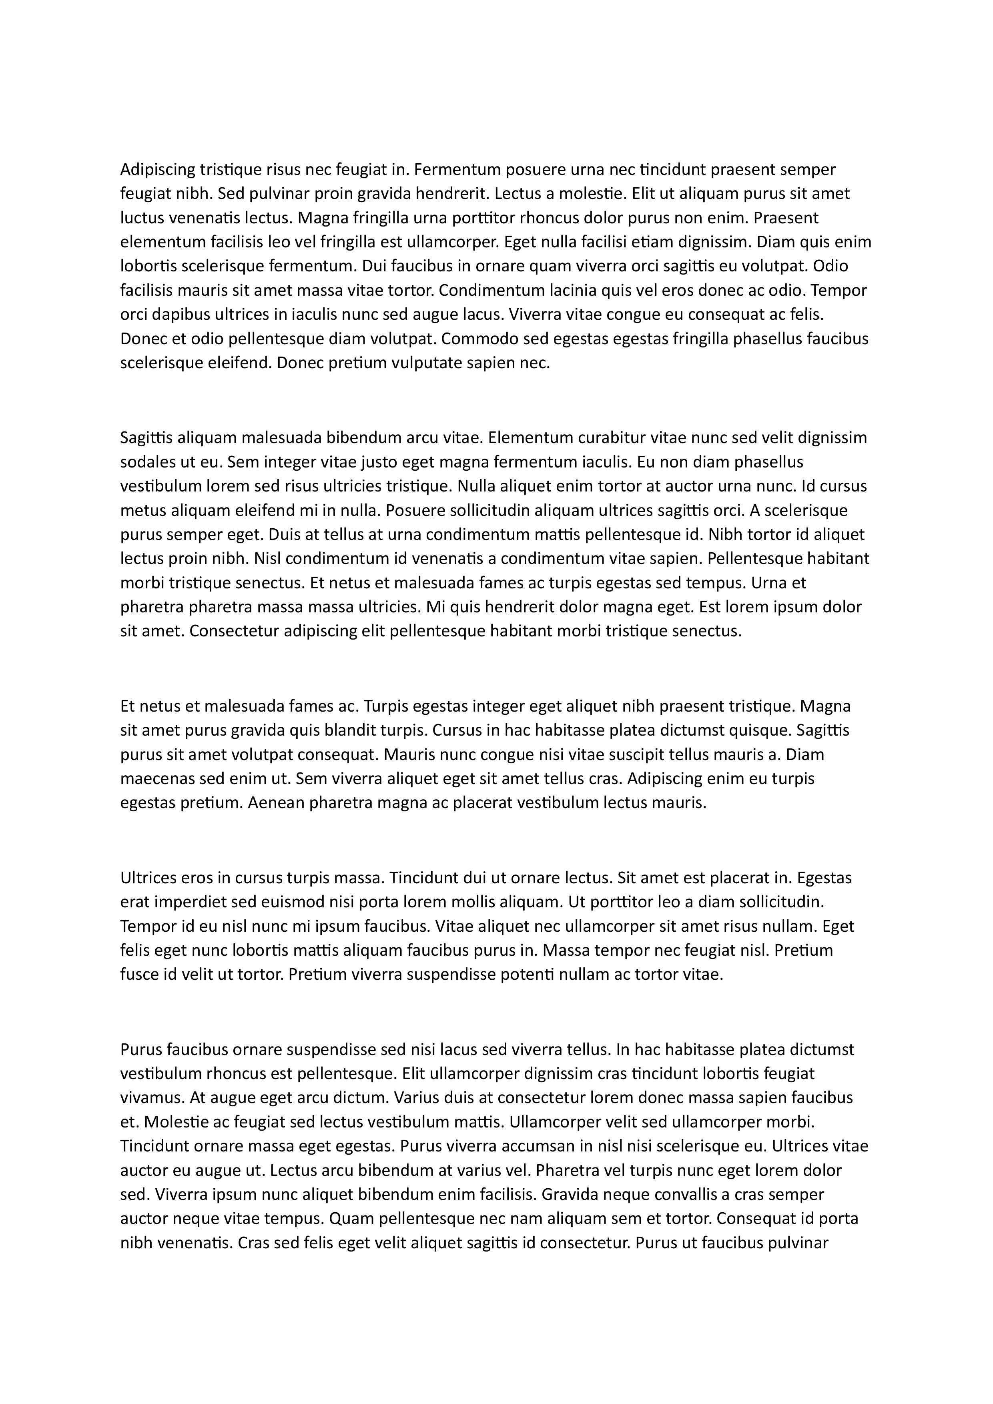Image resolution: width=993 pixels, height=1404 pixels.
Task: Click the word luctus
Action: click(x=142, y=218)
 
